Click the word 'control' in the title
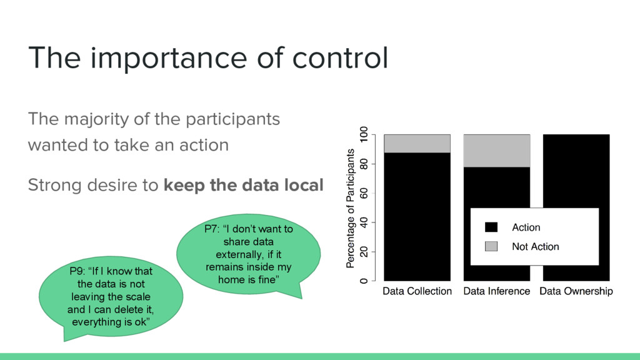point(340,57)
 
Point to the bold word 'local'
point(304,185)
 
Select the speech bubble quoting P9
point(111,297)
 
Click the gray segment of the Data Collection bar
point(417,144)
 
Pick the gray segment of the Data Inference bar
point(497,151)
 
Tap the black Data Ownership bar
point(576,171)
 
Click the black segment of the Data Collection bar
point(417,217)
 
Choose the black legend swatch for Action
point(491,227)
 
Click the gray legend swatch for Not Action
point(491,246)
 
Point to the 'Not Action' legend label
point(536,246)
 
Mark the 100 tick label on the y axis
point(363,134)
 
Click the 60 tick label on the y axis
point(363,193)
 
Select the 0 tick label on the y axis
point(363,281)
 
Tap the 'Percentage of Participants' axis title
point(350,208)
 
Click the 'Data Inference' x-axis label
point(497,291)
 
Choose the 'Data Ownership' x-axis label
point(576,291)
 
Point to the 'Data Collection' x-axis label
point(417,291)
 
